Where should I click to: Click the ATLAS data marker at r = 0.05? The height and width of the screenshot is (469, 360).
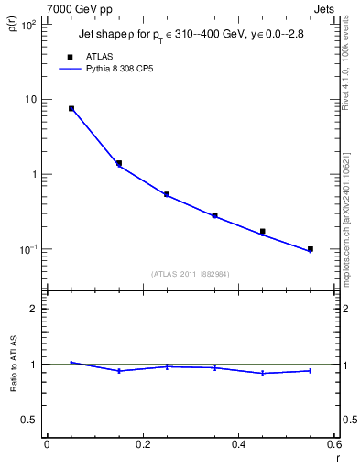point(71,108)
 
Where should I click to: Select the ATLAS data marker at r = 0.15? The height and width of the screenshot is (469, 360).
point(119,163)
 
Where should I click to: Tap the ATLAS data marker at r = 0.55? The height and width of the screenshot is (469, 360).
point(311,249)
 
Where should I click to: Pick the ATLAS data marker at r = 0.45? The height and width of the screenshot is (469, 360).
point(263,232)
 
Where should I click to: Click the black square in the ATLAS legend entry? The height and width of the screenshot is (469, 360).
point(70,56)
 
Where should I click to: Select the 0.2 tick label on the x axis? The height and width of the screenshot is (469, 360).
point(142,446)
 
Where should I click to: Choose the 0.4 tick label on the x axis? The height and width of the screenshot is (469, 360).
point(238,446)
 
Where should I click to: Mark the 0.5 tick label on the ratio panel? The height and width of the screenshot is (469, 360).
point(29,420)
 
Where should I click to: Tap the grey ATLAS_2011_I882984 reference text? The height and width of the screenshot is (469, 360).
point(191,274)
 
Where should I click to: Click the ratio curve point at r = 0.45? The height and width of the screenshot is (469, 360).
point(263,373)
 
